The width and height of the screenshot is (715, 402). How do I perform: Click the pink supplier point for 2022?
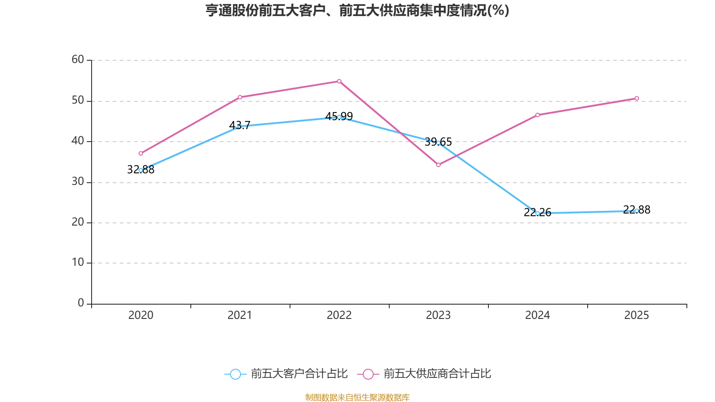(339, 81)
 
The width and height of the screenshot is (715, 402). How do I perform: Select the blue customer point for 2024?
(537, 213)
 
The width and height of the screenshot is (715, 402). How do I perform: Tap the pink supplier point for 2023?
(438, 165)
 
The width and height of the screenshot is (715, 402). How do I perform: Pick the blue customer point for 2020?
(141, 170)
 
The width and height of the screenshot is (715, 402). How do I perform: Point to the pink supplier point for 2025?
(637, 98)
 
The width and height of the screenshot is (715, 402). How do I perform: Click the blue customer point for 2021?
(240, 126)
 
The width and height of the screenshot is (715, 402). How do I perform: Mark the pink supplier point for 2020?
(141, 153)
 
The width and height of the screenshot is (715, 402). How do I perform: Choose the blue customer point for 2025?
(637, 211)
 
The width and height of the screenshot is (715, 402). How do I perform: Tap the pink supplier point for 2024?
(538, 115)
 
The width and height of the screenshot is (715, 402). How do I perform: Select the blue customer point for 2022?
(339, 117)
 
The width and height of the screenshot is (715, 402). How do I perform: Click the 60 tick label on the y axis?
(78, 59)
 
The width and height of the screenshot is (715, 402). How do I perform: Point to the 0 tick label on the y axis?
(81, 303)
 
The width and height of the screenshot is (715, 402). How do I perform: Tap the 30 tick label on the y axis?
(78, 181)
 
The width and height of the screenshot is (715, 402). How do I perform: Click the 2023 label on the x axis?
(438, 315)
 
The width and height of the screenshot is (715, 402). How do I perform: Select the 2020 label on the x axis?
(141, 315)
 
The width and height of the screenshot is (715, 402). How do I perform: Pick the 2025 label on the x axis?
(636, 315)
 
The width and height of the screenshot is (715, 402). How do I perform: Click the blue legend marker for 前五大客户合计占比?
(235, 374)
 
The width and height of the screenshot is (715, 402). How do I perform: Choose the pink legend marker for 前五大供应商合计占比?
(368, 374)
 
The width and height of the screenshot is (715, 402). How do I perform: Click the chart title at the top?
(357, 10)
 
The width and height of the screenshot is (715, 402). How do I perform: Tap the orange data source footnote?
(357, 397)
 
